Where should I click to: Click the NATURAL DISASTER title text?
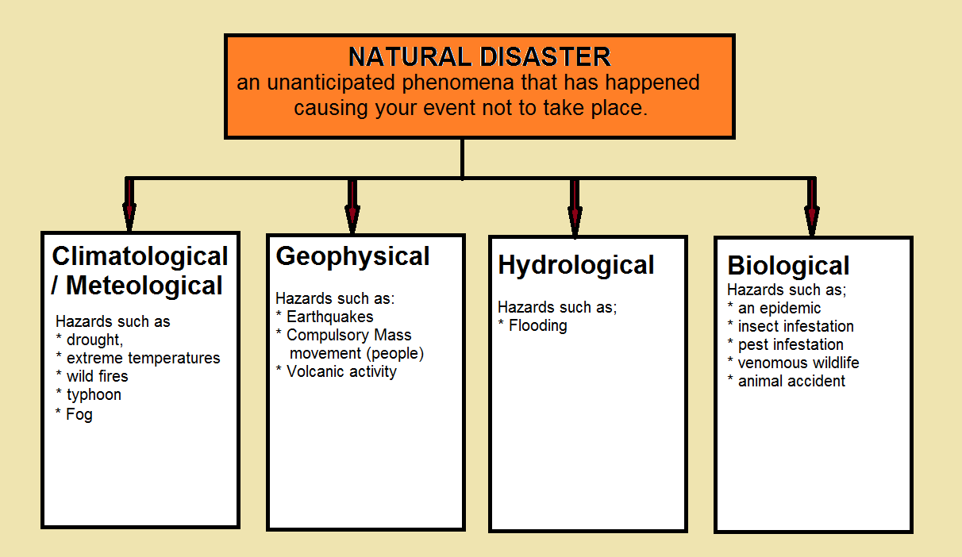479,56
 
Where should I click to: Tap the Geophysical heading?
352,257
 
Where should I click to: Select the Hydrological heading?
576,265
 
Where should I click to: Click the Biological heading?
788,266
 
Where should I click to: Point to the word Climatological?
140,256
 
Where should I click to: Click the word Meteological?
144,286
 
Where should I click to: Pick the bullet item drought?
94,340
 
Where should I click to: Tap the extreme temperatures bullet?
144,358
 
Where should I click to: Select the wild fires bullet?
98,376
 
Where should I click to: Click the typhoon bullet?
94,395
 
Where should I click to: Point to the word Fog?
79,414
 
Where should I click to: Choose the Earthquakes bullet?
330,317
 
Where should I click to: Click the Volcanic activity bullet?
341,372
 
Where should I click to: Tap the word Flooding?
537,326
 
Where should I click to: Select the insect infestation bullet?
796,326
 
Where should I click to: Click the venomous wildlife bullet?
798,363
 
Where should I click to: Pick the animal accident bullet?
791,382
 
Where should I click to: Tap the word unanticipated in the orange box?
331,83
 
